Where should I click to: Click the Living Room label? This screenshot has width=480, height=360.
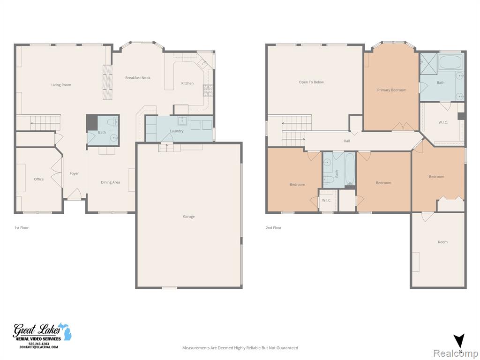point(61,85)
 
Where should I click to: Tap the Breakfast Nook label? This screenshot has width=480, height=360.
point(138,78)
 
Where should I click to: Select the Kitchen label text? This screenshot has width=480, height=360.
point(187,83)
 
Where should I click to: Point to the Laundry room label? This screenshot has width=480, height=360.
point(177,131)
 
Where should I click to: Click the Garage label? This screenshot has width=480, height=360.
point(189,217)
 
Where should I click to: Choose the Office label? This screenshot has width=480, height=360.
point(39,179)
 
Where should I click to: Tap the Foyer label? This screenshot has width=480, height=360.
point(74,173)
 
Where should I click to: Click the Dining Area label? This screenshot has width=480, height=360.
point(111,182)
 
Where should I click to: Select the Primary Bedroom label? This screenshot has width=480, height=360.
point(392,90)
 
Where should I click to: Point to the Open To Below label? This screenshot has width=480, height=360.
point(311,82)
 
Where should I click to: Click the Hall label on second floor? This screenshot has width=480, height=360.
point(347,141)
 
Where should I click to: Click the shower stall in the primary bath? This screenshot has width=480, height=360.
point(428,63)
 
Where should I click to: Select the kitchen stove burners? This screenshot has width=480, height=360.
point(208,90)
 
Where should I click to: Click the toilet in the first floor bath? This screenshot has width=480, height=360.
point(112,122)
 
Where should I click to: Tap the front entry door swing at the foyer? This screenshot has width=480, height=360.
point(75,194)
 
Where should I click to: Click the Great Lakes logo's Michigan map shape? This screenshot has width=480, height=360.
point(65,331)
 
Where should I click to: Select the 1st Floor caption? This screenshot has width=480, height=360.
point(22,228)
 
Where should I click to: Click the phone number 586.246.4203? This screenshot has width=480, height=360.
point(38,344)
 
